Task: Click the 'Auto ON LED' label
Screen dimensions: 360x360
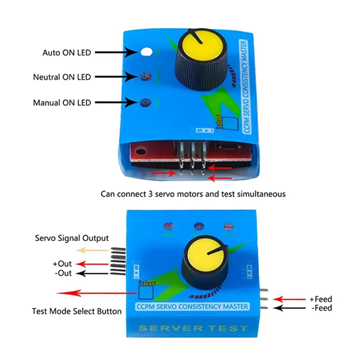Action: click(x=67, y=53)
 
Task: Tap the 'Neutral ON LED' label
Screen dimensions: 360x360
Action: click(x=62, y=77)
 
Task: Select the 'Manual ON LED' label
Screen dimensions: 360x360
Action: click(x=62, y=103)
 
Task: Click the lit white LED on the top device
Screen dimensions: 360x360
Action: click(x=145, y=52)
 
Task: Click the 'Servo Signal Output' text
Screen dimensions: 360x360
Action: click(x=72, y=238)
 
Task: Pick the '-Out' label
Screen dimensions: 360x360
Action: click(x=62, y=273)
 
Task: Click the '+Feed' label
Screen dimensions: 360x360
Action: click(x=320, y=299)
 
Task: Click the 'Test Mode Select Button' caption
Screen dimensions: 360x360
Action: click(x=76, y=311)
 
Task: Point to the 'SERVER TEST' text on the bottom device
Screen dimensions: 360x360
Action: click(x=193, y=328)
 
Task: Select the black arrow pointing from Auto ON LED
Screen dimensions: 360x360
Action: click(x=116, y=53)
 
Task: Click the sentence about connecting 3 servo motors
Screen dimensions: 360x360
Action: click(x=193, y=194)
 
